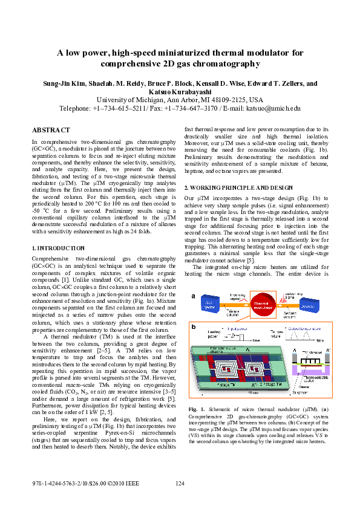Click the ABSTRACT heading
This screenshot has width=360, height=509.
[51, 130]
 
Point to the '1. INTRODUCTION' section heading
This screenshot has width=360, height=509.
[58, 248]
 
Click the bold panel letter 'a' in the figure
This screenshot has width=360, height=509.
[193, 296]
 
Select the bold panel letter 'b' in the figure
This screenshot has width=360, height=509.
[193, 326]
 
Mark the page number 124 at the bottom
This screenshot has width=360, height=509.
[180, 484]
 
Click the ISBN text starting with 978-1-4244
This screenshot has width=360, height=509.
[85, 484]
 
